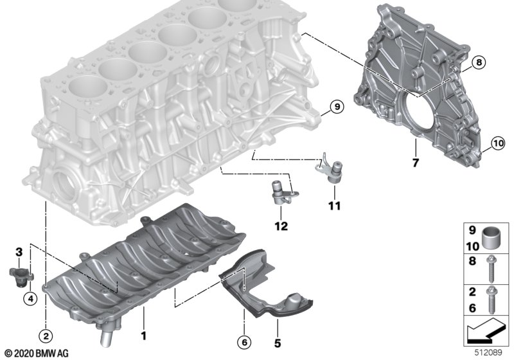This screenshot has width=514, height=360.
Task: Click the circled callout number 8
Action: pos(479,62)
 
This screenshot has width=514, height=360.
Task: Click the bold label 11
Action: pos(333,206)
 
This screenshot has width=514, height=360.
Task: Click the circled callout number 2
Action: pos(46,334)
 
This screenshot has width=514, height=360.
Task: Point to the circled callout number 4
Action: pos(28,298)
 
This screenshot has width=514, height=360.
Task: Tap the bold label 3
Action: pos(19,251)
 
